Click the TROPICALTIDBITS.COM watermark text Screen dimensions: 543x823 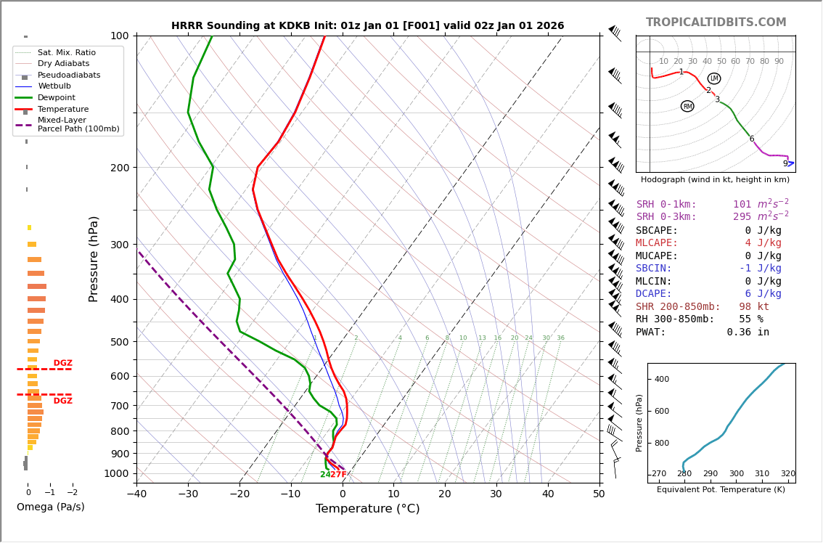pos(716,23)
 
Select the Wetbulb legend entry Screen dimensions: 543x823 pos(54,86)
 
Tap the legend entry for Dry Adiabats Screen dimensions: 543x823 pos(63,64)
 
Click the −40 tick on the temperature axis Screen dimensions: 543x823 pos(136,494)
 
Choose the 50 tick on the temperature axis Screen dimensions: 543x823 pos(599,494)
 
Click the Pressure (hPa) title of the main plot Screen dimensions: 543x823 pos(94,258)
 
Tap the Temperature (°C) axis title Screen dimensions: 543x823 pos(367,509)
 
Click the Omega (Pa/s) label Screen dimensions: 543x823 pos(50,507)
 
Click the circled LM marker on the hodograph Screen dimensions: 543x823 pos(714,78)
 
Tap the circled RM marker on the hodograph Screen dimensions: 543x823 pos(687,106)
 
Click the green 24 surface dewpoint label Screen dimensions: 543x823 pos(325,475)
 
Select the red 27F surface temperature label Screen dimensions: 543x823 pos(338,475)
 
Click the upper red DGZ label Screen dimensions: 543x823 pos(62,363)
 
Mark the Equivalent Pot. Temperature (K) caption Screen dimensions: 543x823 pos(721,490)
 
